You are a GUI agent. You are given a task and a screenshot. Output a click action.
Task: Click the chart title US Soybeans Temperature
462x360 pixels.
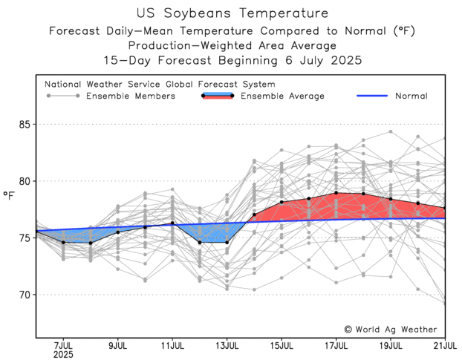(230, 13)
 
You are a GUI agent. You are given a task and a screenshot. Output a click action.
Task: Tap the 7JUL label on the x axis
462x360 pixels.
(63, 345)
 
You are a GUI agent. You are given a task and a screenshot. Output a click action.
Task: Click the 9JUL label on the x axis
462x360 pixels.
(118, 345)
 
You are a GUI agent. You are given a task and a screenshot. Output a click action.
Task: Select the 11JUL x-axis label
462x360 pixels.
(172, 345)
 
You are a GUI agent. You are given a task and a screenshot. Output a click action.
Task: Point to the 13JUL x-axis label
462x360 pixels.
(227, 345)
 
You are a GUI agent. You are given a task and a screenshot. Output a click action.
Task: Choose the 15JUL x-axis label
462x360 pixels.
(282, 345)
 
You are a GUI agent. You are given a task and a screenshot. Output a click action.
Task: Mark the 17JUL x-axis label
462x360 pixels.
(336, 345)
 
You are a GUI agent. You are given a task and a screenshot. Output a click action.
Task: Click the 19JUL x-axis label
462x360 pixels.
(391, 345)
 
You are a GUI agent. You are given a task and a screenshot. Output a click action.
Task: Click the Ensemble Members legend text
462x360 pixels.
(131, 96)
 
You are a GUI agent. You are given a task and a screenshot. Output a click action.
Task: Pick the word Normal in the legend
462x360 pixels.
(411, 96)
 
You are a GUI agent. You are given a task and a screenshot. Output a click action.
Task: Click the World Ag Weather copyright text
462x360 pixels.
(390, 329)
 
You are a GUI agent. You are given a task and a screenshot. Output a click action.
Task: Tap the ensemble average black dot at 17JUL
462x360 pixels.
(336, 193)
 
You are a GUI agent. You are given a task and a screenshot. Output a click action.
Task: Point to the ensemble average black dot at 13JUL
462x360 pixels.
(227, 242)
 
